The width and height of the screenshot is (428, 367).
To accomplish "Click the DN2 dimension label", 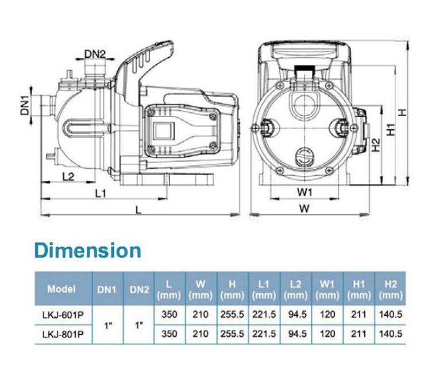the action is tap(95, 55).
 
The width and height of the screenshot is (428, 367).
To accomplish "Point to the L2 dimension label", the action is tap(68, 177).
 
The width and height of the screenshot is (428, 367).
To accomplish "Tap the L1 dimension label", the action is tap(100, 194).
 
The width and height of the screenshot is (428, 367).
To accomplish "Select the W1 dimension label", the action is tap(304, 192).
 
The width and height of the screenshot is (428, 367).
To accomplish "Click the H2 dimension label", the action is tap(376, 145).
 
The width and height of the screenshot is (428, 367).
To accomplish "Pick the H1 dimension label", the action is tap(391, 130).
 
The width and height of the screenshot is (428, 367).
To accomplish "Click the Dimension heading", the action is tap(88, 250).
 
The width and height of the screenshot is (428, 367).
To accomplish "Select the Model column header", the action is tap(61, 289).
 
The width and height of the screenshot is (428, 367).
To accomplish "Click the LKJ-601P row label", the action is tap(63, 315).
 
